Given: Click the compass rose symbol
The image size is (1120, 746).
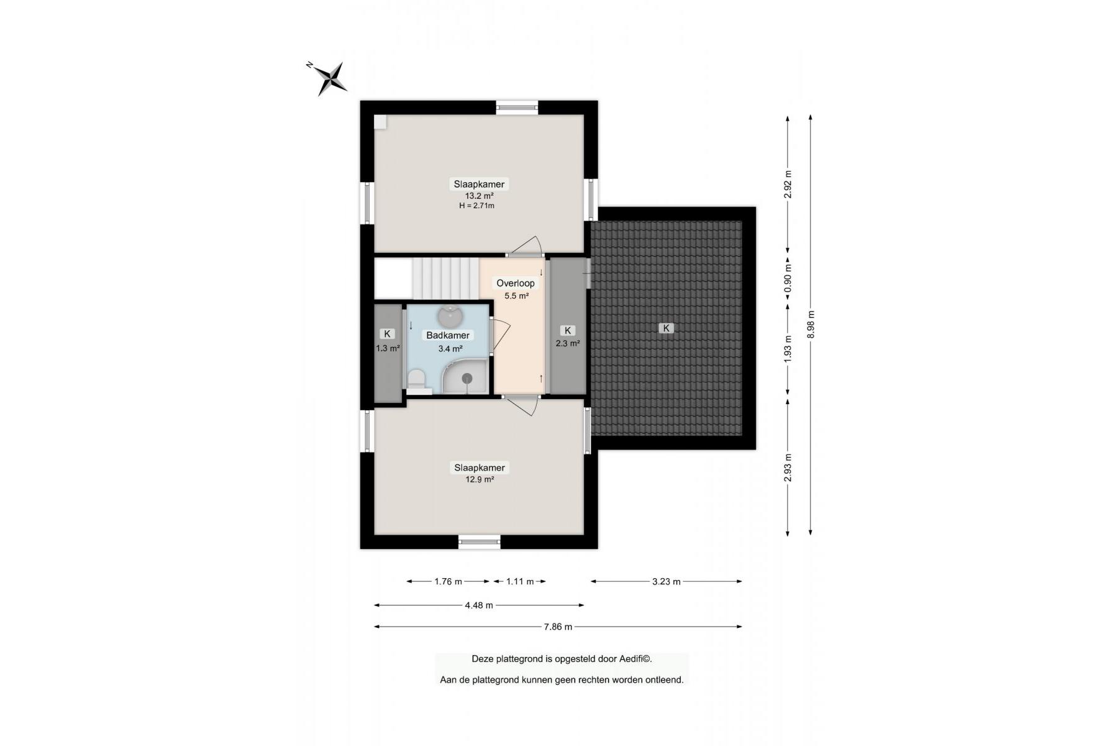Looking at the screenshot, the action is (329, 78).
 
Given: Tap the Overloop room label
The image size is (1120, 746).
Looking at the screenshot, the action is (516, 283).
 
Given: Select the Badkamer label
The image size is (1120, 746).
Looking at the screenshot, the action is (448, 336).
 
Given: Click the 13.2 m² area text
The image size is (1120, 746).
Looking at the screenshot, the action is (479, 196).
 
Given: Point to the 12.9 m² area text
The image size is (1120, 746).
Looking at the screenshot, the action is (480, 479).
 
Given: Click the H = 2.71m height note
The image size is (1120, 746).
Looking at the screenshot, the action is (477, 206).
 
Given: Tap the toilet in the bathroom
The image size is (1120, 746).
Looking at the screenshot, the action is (417, 380).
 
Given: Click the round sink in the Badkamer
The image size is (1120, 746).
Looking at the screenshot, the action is (450, 316).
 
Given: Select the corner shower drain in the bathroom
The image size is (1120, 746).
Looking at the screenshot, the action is (467, 379).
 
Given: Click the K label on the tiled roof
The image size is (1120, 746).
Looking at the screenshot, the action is (666, 328).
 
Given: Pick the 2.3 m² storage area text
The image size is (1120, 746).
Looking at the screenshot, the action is (568, 343).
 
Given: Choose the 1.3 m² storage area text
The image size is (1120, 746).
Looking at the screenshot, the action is (388, 348).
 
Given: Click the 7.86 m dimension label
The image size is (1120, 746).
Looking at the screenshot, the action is (558, 627).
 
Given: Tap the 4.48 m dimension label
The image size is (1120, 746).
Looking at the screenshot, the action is (479, 605).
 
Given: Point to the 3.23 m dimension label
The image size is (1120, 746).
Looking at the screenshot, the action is (667, 582).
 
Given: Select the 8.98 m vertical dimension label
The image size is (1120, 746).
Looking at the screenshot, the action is (811, 325).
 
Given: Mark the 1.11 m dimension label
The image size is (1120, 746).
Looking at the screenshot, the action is (520, 582).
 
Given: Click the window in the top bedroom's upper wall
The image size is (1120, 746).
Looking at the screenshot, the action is (517, 108).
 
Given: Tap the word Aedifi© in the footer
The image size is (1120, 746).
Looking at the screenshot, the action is (635, 659).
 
